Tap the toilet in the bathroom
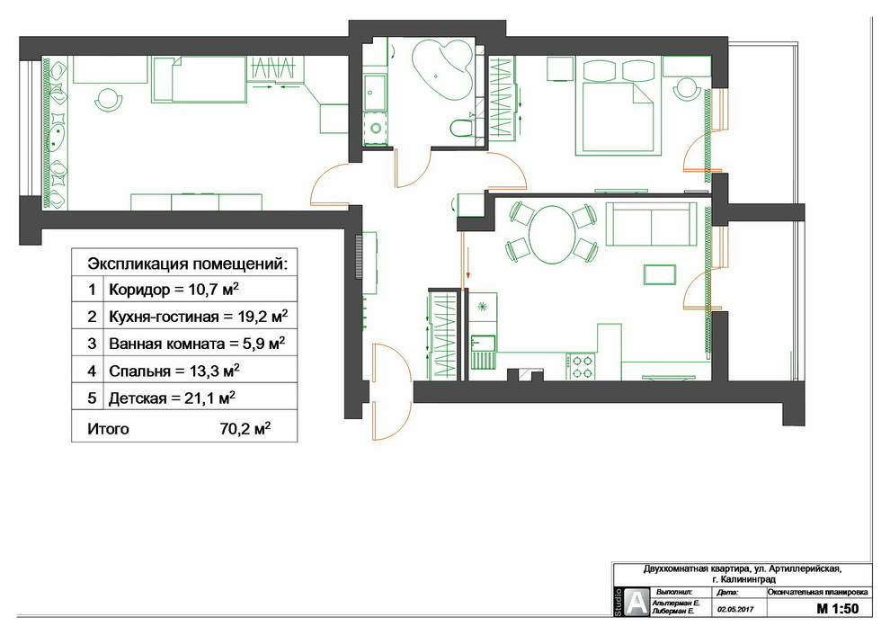461,128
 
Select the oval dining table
551,235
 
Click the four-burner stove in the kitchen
581,366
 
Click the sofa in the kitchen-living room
652,223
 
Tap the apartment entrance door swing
392,392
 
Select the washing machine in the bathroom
375,129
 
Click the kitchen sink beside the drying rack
483,343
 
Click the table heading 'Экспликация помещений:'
187,264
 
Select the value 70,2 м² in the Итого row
245,428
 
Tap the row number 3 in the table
92,344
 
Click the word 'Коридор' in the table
139,291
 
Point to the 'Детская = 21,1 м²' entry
172,398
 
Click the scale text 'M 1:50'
837,608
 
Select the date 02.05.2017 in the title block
735,609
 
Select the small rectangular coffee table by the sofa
660,274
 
